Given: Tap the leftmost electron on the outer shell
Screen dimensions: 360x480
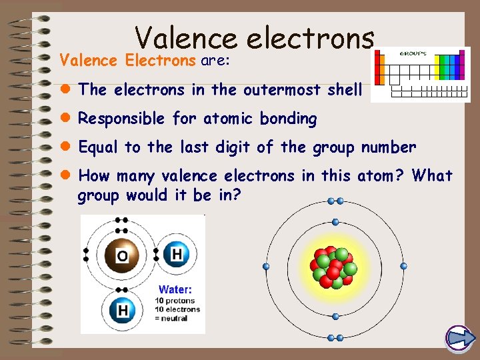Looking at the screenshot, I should [x=266, y=267].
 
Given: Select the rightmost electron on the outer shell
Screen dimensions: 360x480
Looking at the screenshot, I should [x=403, y=266].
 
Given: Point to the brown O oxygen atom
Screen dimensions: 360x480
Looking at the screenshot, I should [x=122, y=255].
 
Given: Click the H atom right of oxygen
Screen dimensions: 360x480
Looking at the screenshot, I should [x=175, y=254].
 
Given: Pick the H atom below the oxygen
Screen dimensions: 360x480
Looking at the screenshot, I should [x=122, y=310].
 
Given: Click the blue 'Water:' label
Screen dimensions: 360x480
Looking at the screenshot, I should [x=175, y=289].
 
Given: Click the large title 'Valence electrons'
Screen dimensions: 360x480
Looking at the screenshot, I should [x=254, y=38].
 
